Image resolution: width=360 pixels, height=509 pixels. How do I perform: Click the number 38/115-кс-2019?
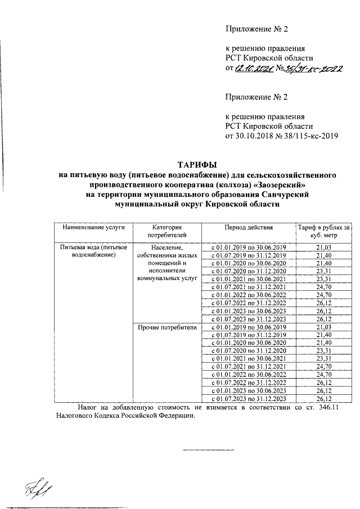click(x=308, y=136)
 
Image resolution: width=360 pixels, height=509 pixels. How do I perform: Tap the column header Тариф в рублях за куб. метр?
click(x=323, y=231)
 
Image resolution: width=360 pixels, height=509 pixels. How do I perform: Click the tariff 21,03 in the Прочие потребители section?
click(x=323, y=327)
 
